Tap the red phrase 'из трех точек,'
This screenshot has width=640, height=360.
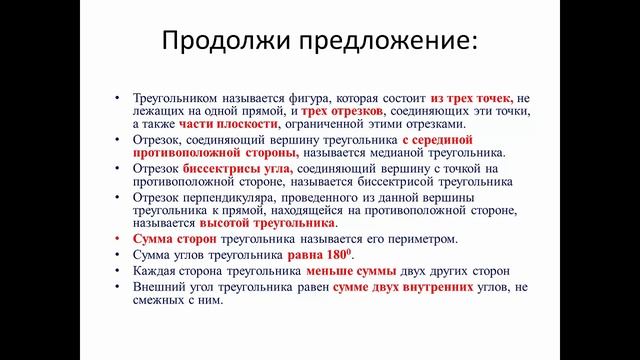(472, 100)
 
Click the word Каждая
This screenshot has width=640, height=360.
(152, 271)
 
